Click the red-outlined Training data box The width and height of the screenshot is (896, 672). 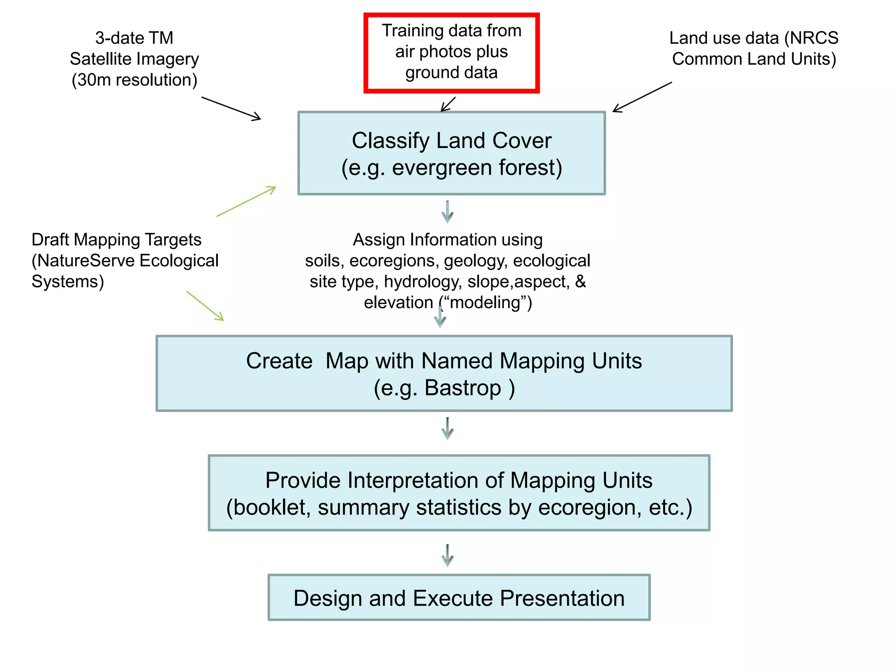pos(451,52)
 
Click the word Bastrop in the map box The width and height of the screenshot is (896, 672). pos(462,388)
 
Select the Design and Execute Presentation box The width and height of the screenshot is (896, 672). pos(458,598)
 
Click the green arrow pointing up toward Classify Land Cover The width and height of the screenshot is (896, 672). pos(246,201)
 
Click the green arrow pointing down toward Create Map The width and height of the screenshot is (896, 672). pos(205,305)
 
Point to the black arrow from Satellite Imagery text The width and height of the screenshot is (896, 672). pos(231,108)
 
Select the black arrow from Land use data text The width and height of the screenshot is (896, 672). pos(641,97)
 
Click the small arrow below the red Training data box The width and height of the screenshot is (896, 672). pos(448,105)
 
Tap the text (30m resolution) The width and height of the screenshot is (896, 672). pos(134,80)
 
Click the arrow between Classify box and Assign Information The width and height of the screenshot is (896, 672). pos(447,212)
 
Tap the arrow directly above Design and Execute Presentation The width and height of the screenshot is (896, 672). pos(447,555)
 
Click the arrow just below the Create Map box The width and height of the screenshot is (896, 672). pos(447,428)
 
